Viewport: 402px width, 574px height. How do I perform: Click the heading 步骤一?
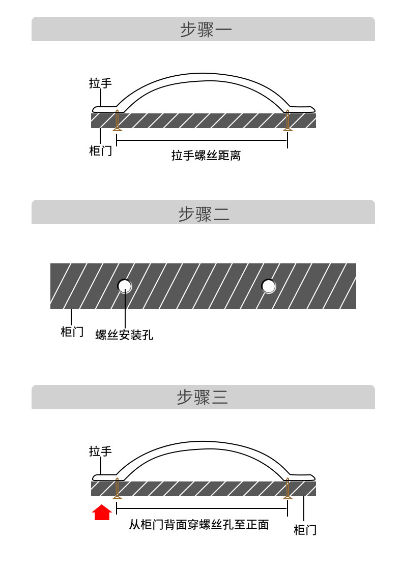(206, 29)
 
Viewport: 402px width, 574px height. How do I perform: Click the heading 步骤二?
(204, 214)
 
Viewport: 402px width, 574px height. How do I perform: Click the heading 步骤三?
(203, 397)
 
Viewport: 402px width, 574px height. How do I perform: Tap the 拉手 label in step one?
(100, 83)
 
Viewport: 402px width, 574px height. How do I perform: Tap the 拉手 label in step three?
(100, 451)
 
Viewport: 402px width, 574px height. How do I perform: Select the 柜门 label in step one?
(100, 150)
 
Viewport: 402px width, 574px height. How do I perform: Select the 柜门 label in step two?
(72, 331)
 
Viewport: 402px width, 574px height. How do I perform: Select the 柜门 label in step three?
(305, 530)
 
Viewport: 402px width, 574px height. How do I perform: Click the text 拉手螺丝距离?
(206, 156)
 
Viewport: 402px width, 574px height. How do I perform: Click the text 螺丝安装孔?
(124, 335)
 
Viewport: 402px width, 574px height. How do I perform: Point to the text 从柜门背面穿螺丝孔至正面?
(199, 525)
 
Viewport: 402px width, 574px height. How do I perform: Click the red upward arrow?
(102, 512)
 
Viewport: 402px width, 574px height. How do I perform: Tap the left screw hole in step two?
(124, 286)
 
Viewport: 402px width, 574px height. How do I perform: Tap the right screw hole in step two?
(269, 286)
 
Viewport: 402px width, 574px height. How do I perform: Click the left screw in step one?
(117, 120)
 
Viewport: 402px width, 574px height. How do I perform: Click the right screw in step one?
(288, 120)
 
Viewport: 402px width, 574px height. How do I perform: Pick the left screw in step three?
(117, 489)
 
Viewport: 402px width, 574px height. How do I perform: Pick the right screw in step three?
(288, 489)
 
